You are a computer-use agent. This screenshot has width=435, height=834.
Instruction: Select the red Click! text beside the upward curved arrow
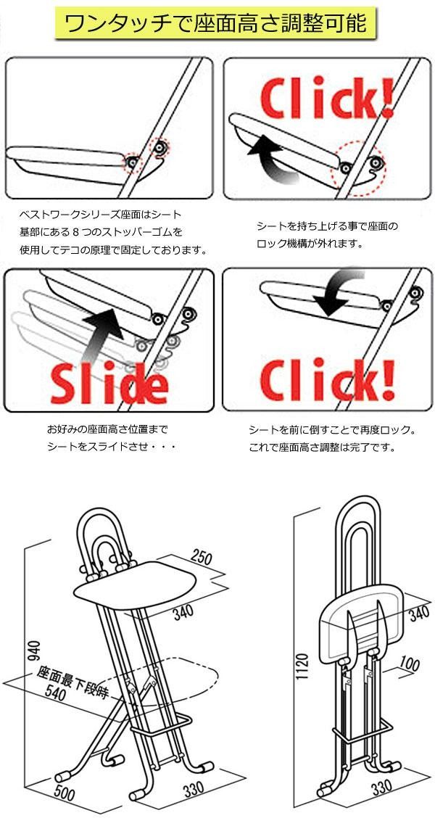(x=327, y=100)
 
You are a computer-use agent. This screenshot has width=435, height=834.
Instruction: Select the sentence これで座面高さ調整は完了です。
(x=321, y=447)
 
